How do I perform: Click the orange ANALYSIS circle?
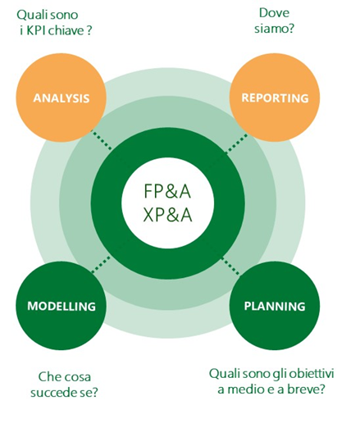point(61,98)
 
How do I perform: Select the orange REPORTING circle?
point(275,98)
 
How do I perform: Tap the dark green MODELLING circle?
point(61,306)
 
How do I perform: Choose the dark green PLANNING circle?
point(275,306)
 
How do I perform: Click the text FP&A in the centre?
point(167,191)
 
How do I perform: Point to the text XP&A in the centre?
point(167,215)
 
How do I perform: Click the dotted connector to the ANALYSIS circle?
point(101,139)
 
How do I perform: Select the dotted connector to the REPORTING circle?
point(236,143)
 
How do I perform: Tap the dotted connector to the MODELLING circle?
point(101,264)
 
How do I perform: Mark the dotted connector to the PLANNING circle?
point(230,266)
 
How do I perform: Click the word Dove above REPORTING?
point(275,13)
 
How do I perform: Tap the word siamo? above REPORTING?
point(275,28)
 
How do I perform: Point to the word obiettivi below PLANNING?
point(311,373)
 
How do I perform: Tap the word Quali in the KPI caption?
point(30,15)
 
